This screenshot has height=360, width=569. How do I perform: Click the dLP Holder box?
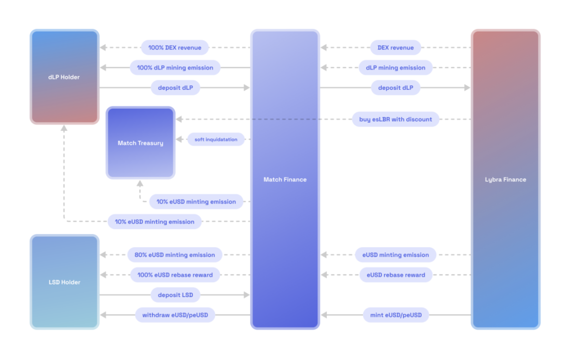(x=64, y=77)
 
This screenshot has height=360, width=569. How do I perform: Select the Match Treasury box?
(x=140, y=143)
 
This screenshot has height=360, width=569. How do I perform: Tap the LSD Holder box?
(x=64, y=282)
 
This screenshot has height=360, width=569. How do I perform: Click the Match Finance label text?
(x=285, y=179)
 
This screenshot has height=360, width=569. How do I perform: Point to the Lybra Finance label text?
(x=505, y=179)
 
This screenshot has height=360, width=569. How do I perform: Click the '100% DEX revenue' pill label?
(x=175, y=47)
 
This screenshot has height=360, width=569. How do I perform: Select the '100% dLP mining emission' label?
(x=175, y=67)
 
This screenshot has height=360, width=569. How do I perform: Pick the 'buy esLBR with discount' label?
(x=395, y=119)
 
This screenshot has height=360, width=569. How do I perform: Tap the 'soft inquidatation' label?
(x=216, y=139)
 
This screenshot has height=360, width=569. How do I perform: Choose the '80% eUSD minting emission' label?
(x=175, y=255)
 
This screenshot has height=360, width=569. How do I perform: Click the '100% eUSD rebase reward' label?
(x=175, y=275)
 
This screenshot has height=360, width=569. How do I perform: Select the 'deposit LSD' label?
(x=175, y=295)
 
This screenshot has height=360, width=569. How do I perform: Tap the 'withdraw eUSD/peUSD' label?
(x=175, y=315)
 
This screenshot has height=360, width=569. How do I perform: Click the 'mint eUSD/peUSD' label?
(x=395, y=315)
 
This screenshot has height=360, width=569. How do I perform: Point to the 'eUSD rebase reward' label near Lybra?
(x=396, y=275)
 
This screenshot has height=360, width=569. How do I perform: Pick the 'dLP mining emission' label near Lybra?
(x=395, y=67)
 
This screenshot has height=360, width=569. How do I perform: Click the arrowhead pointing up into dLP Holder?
(x=64, y=128)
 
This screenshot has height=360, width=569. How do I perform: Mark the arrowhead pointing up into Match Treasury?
(x=140, y=183)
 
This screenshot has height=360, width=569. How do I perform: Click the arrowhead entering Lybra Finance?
(x=467, y=88)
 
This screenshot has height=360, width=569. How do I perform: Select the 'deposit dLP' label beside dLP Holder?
(x=175, y=88)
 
